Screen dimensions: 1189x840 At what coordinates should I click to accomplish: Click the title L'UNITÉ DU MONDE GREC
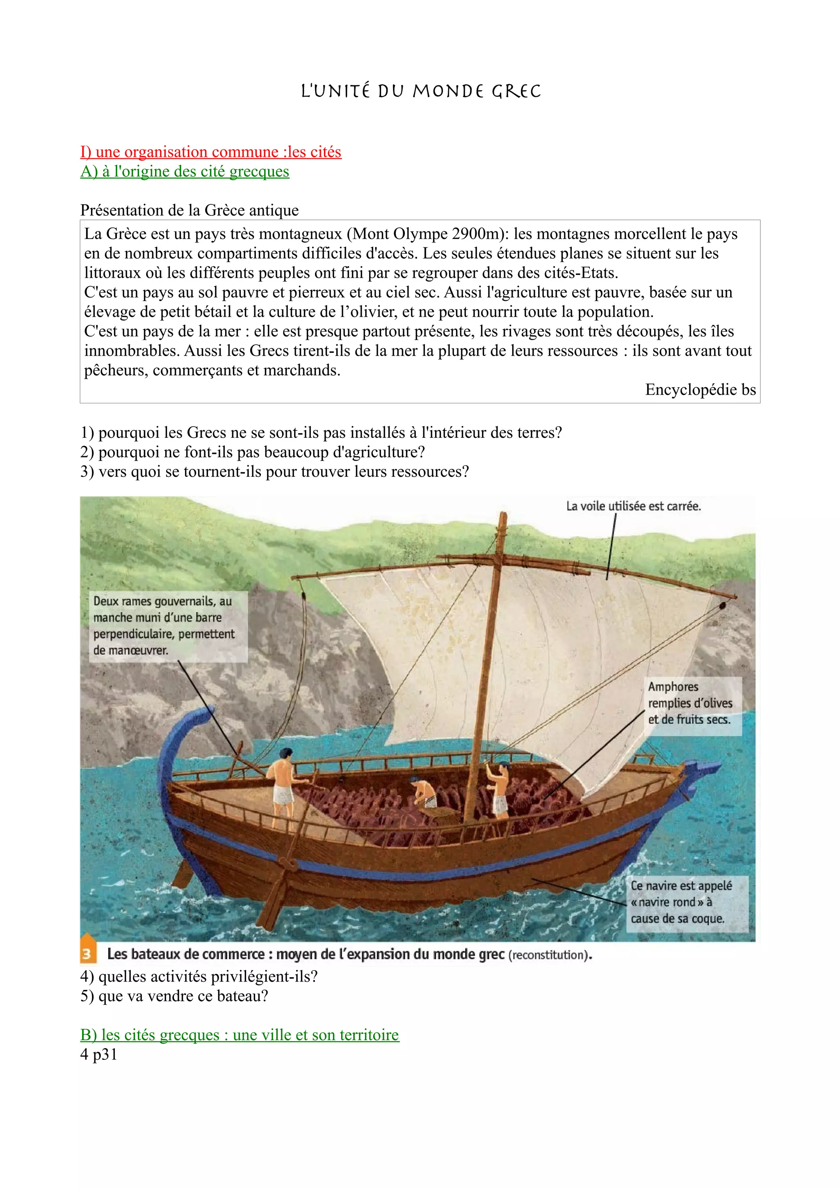tap(420, 91)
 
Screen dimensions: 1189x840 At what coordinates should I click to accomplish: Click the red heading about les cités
tap(211, 152)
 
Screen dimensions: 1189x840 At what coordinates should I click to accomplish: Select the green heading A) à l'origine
tap(185, 171)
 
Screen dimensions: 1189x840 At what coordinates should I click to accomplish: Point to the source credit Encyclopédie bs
tap(700, 389)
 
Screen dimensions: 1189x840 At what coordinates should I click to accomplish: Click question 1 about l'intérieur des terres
tap(321, 432)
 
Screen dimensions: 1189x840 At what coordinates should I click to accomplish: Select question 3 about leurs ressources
tap(274, 472)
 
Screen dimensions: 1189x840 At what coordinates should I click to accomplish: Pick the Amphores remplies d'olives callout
tap(690, 703)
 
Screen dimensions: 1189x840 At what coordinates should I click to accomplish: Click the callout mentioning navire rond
tap(681, 902)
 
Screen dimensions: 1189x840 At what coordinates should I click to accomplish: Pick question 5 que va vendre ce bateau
tap(174, 996)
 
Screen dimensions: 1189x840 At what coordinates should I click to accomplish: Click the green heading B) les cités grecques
tap(240, 1035)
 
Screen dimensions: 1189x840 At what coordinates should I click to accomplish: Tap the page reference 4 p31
tap(99, 1054)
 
